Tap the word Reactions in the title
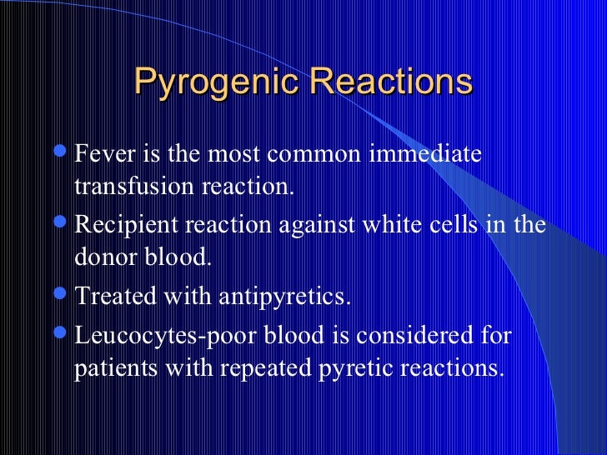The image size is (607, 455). click(390, 82)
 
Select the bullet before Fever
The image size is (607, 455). click(63, 155)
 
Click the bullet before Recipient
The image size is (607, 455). click(63, 226)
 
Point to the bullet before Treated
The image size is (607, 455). click(63, 297)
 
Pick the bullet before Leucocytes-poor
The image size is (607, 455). click(63, 334)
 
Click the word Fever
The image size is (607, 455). click(102, 155)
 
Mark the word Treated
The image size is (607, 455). click(110, 297)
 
